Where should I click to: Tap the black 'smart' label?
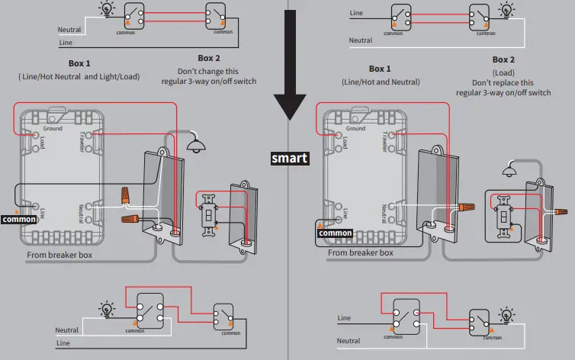(290, 159)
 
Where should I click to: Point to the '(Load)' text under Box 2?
(503, 72)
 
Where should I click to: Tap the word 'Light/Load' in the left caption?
(117, 76)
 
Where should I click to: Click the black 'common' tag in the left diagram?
(19, 219)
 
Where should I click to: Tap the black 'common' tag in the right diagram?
(335, 233)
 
